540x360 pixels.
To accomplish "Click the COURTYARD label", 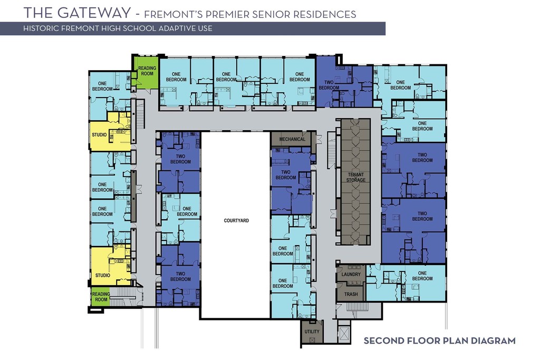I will coord(236,220).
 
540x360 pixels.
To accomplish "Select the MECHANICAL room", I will coord(293,139).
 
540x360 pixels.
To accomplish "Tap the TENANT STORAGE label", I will coord(355,177).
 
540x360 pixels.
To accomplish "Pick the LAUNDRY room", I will coord(351,274).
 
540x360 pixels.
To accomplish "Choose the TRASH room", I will coord(351,294).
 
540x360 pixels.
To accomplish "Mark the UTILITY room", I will coord(312,332).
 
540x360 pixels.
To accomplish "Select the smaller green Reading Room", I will coord(101,297).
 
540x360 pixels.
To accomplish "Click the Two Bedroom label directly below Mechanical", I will coord(286,174).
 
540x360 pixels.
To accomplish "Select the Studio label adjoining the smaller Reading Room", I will coord(102,275).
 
